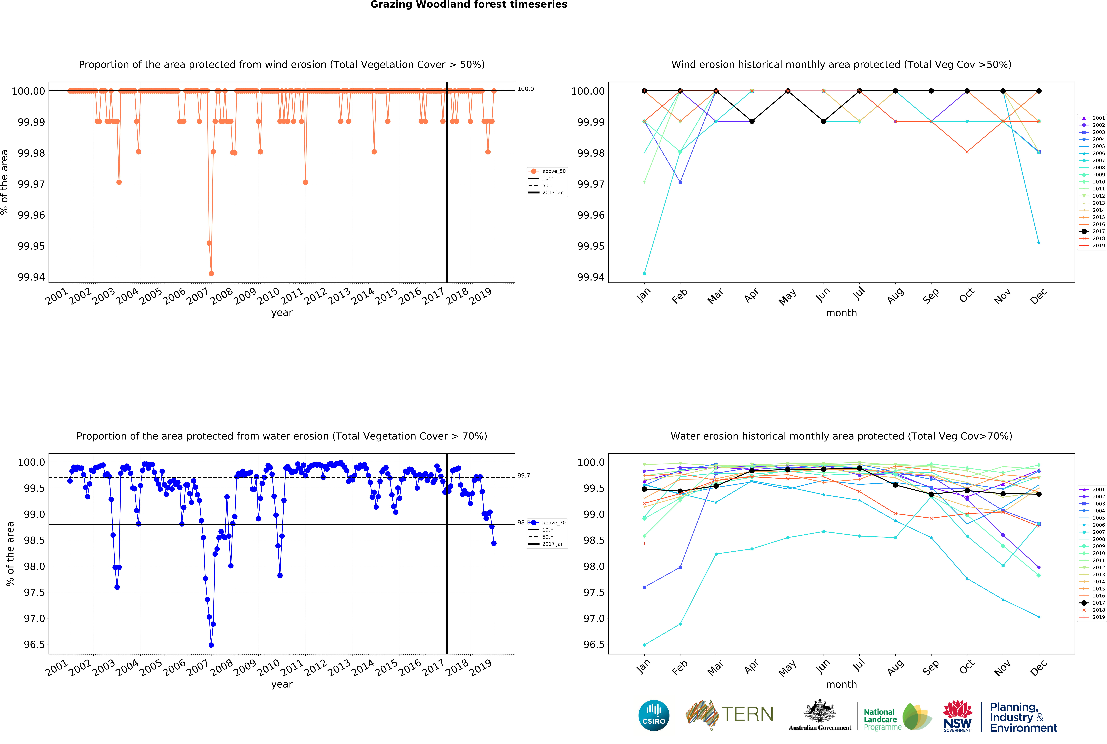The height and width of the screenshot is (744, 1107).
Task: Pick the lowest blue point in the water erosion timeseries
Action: coord(211,645)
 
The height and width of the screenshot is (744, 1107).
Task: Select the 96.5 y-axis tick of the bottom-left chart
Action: coord(34,644)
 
